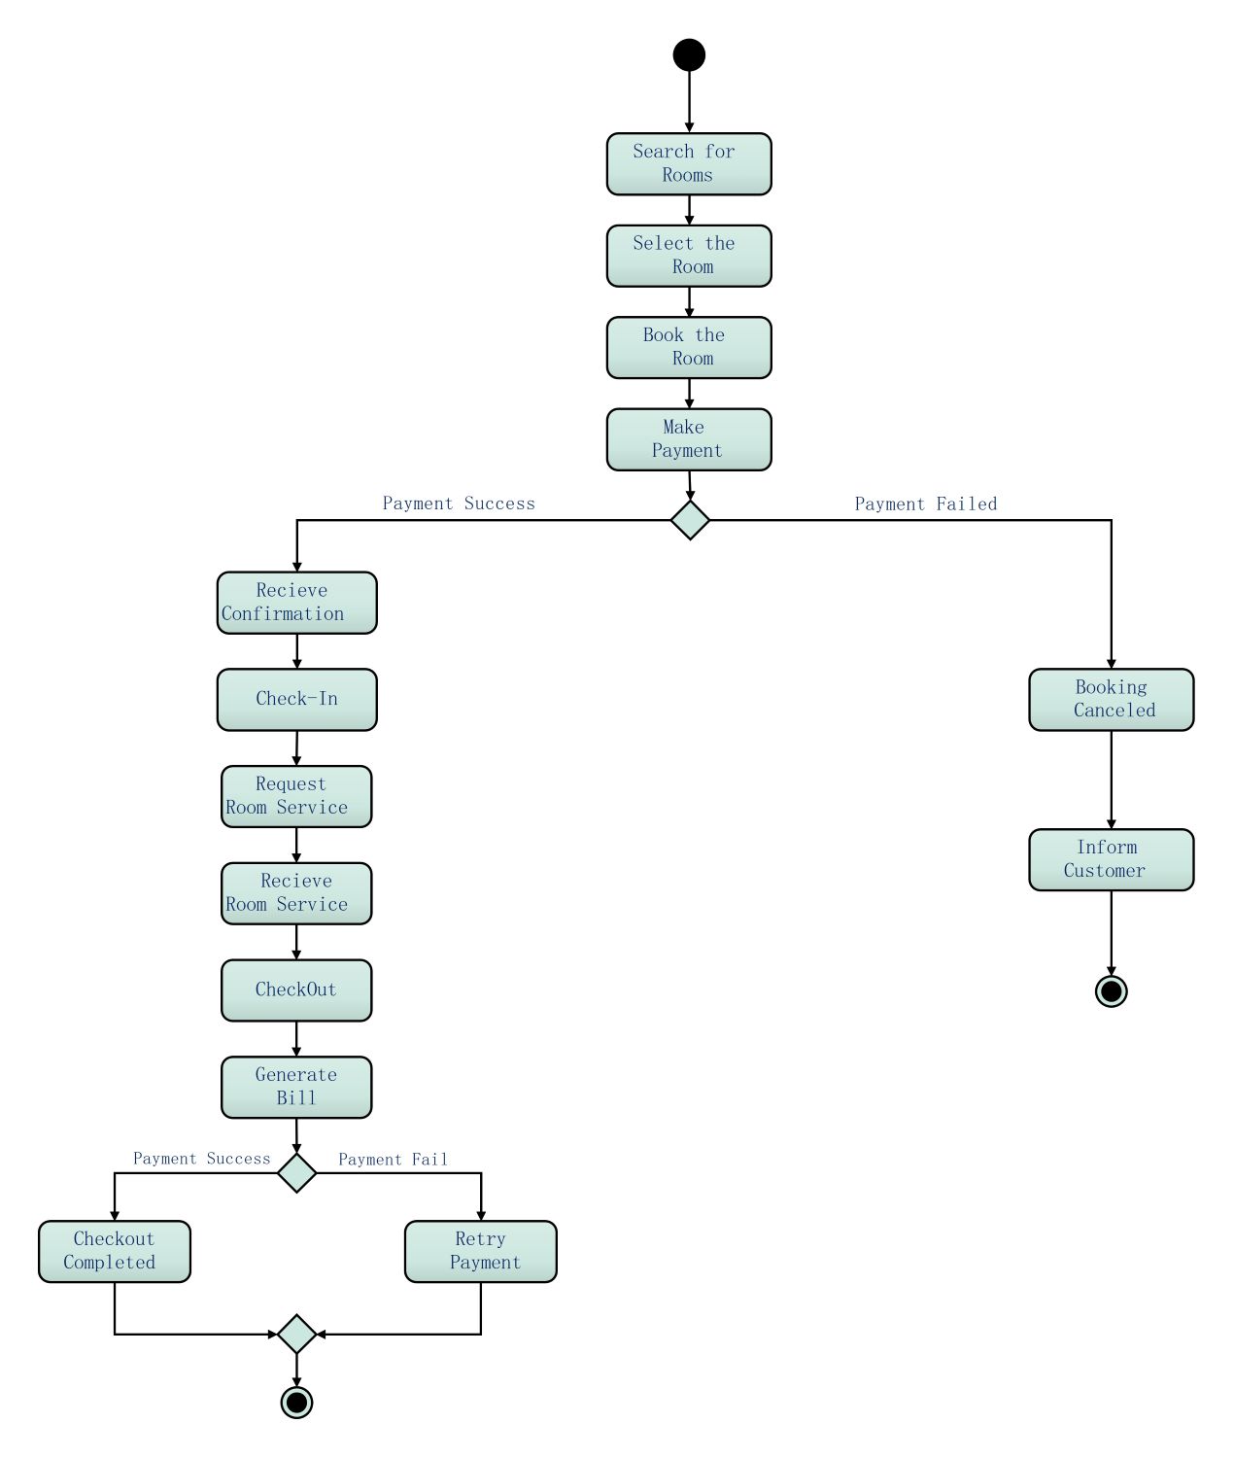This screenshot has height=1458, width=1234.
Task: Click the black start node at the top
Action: [x=689, y=55]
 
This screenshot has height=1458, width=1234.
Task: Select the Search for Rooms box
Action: [x=689, y=164]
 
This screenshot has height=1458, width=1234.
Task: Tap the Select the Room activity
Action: [x=689, y=256]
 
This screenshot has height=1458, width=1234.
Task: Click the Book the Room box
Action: [x=689, y=347]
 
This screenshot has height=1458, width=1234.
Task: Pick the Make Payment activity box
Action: [x=689, y=439]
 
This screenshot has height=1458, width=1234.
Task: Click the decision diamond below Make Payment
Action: [x=690, y=520]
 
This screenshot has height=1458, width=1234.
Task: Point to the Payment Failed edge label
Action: [x=925, y=503]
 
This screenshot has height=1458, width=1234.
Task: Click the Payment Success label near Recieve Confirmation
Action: [x=459, y=503]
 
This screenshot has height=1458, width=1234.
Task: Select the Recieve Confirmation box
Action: [x=296, y=603]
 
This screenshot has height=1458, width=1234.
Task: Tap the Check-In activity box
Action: [x=296, y=699]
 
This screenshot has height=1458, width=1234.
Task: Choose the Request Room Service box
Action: [x=296, y=796]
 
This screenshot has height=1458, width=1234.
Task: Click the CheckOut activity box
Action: [x=296, y=990]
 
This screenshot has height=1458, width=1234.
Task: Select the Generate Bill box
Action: [x=296, y=1087]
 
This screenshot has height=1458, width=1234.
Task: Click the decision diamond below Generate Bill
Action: [x=296, y=1172]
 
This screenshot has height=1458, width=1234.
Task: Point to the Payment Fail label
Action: [x=393, y=1159]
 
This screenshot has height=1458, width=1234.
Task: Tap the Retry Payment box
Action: [x=481, y=1251]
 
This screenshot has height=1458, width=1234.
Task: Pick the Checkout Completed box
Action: [x=115, y=1251]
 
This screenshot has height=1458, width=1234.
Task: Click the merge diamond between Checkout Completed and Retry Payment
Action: [x=296, y=1334]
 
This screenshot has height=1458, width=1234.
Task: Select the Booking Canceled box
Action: [x=1111, y=699]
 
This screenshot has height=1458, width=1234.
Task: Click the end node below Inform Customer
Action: [x=1111, y=990]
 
